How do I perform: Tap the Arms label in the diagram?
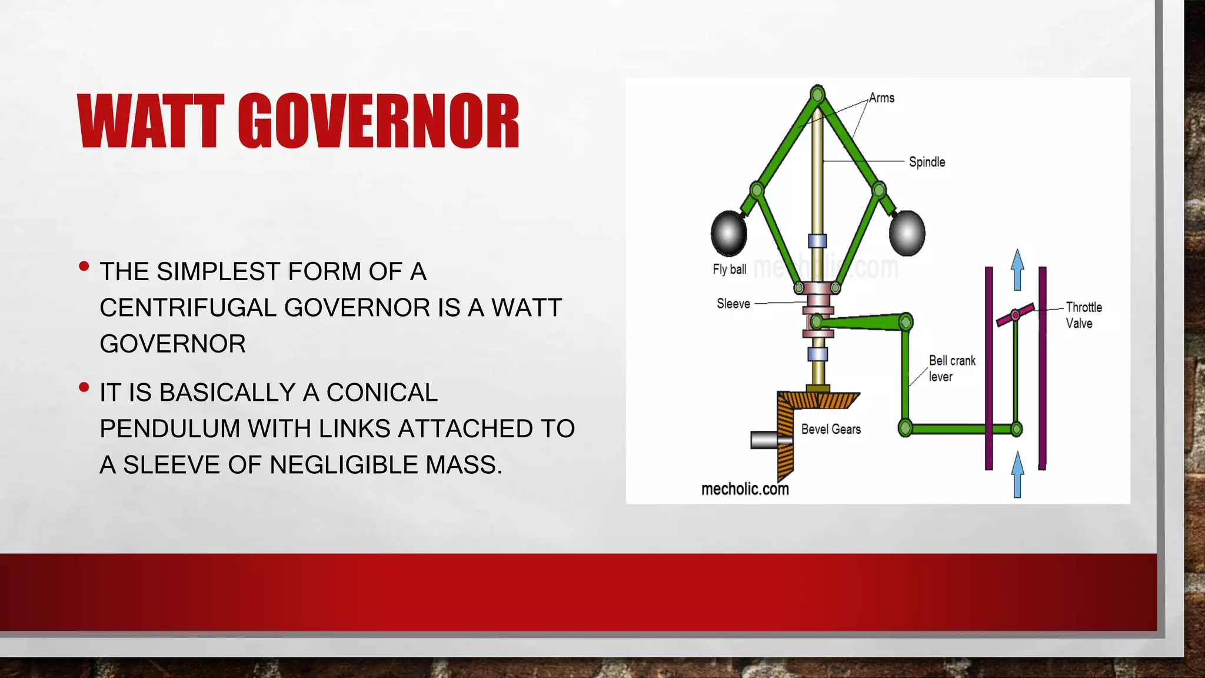click(x=881, y=98)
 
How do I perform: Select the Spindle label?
click(x=927, y=162)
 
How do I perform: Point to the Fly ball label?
click(x=729, y=270)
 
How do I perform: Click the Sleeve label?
click(x=733, y=304)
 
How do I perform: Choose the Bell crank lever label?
click(x=951, y=368)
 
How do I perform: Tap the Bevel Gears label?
click(x=831, y=429)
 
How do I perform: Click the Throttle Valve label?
click(x=1083, y=315)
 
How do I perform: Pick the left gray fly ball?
click(x=729, y=233)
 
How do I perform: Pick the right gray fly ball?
click(x=907, y=233)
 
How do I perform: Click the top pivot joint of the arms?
click(x=817, y=94)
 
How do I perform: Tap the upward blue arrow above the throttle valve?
click(x=1017, y=269)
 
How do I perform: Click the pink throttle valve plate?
click(x=1016, y=315)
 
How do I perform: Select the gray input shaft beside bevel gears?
click(x=764, y=440)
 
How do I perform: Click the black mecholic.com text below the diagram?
click(x=745, y=489)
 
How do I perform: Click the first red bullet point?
click(x=84, y=267)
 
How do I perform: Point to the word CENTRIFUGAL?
click(x=188, y=308)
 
